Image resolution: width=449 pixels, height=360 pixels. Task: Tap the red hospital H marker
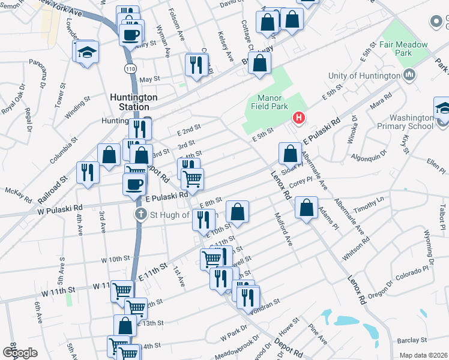(297, 117)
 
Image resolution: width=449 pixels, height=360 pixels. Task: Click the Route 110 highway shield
(130, 69)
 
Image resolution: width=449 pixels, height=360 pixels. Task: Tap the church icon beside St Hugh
(140, 214)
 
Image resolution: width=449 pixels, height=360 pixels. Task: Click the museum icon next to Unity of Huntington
(410, 75)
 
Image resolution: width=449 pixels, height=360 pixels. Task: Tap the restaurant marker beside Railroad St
(88, 172)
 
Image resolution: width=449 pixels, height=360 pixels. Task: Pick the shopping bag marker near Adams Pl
(306, 208)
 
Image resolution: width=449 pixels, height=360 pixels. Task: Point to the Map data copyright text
(423, 355)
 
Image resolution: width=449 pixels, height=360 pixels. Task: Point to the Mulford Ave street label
(283, 229)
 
